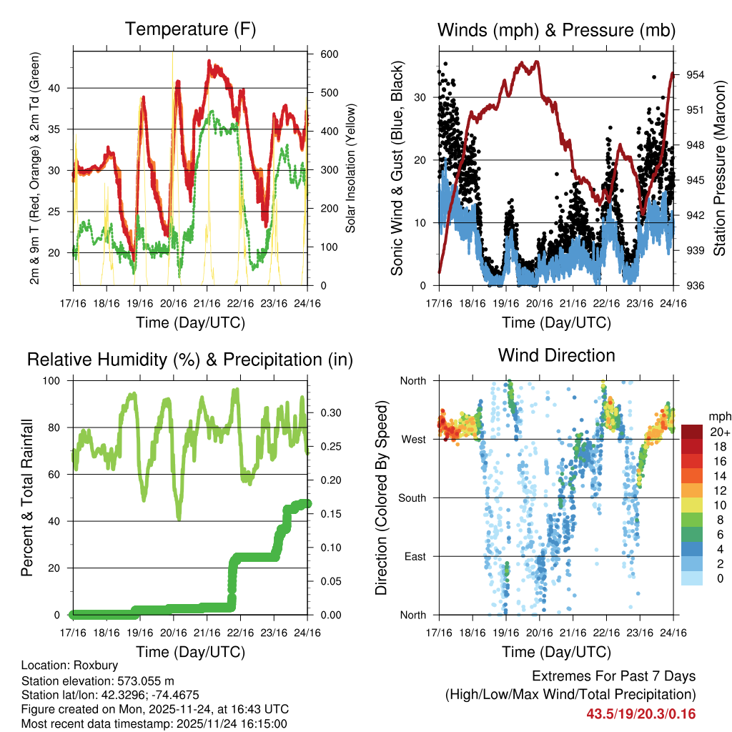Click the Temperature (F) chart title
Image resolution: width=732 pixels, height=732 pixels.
(x=190, y=29)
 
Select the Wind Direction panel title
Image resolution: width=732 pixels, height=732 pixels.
(x=556, y=355)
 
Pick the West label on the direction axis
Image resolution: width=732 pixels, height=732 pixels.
(x=413, y=439)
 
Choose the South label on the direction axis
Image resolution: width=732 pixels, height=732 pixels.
(x=411, y=498)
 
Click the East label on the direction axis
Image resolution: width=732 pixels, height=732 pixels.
(x=415, y=556)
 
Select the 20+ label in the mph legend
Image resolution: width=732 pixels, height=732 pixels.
(x=718, y=432)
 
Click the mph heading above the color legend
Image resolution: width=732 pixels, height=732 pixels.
(x=718, y=416)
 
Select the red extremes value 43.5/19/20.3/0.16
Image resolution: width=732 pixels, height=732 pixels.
(x=641, y=714)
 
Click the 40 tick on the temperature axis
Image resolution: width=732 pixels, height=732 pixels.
(x=61, y=88)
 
